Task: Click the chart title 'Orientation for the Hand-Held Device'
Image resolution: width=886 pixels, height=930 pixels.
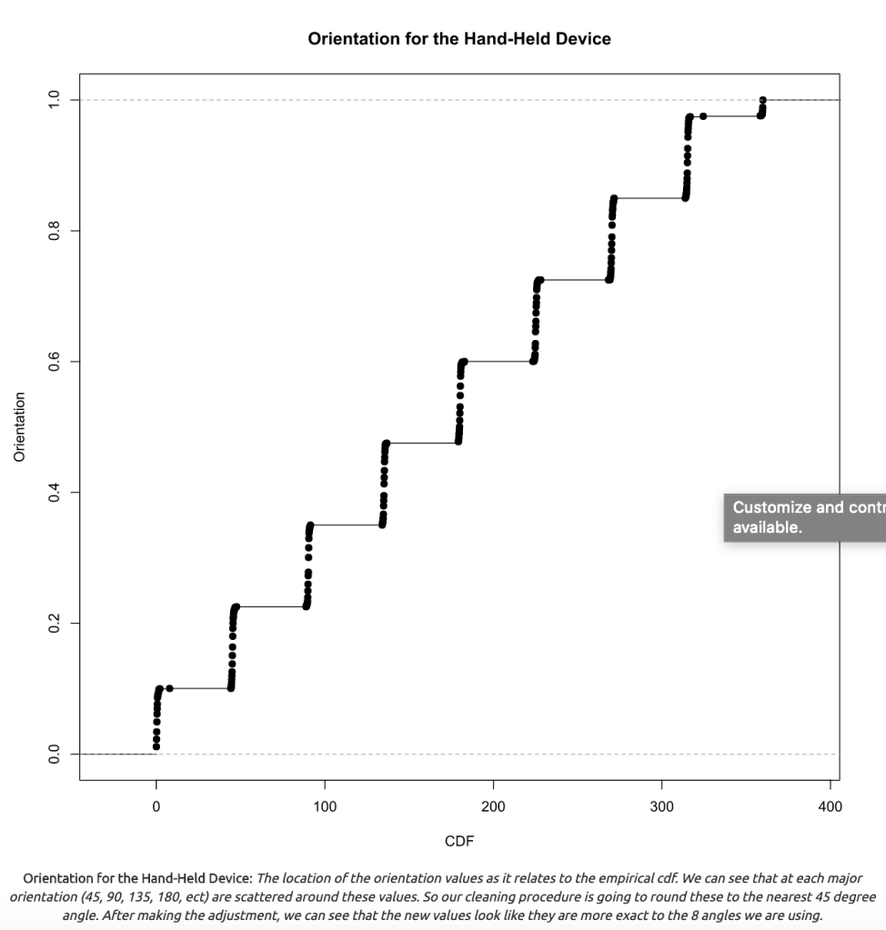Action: tap(459, 39)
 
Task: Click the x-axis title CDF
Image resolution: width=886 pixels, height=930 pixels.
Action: tap(459, 841)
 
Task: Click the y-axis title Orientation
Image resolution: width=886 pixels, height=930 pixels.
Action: tap(19, 426)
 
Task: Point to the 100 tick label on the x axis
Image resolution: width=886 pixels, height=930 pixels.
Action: tap(325, 806)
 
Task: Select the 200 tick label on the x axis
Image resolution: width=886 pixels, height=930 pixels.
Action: tap(493, 806)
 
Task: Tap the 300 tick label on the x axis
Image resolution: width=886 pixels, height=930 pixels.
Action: tap(661, 806)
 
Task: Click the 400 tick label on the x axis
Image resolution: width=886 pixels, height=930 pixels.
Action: tap(830, 806)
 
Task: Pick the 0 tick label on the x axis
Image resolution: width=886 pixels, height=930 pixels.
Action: tap(156, 806)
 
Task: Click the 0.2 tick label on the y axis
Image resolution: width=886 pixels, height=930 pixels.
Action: tap(54, 623)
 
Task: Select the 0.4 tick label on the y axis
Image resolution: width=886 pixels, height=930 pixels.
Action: tap(54, 492)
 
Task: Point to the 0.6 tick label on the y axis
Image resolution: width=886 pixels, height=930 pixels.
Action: tap(54, 361)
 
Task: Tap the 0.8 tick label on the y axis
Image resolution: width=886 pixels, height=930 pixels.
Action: tap(54, 230)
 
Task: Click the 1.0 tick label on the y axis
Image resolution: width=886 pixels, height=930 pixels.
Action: tap(54, 99)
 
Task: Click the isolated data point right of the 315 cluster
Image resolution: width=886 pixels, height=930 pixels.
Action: tap(703, 115)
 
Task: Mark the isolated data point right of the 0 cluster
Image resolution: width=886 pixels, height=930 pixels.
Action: tap(169, 688)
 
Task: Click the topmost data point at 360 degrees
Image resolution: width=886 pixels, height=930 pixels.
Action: tap(762, 100)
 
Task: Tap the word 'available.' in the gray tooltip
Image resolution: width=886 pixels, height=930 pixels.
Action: tap(768, 527)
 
